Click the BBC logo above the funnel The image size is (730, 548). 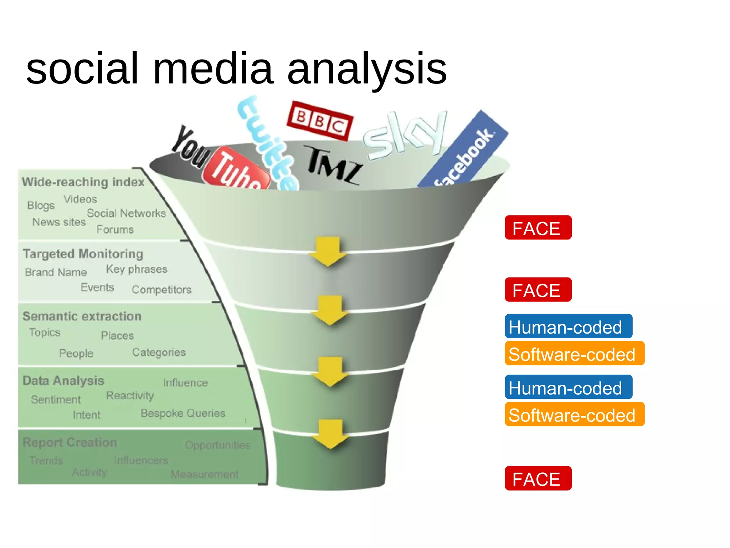click(x=319, y=120)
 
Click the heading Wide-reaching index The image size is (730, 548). click(x=83, y=182)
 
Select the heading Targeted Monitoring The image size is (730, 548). click(x=83, y=254)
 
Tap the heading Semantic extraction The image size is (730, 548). click(x=82, y=316)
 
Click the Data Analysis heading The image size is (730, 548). click(x=63, y=380)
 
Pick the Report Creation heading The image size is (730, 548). click(x=70, y=442)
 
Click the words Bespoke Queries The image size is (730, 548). click(x=183, y=413)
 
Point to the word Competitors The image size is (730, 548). click(x=161, y=289)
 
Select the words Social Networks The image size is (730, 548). click(x=127, y=213)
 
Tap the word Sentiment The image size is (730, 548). click(x=56, y=399)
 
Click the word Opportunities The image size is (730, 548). click(x=217, y=445)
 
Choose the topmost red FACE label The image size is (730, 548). click(x=538, y=228)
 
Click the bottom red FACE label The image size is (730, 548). click(x=538, y=478)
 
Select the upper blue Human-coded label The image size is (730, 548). click(x=568, y=326)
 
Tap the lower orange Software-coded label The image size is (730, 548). click(x=574, y=414)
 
